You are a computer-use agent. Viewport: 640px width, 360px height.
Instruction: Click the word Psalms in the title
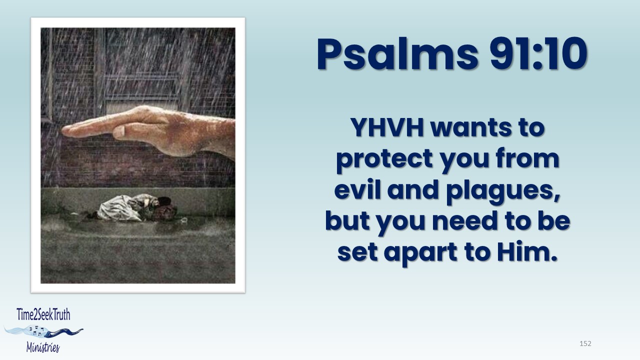tap(397, 54)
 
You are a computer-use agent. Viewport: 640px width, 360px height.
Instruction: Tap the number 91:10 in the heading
tap(538, 53)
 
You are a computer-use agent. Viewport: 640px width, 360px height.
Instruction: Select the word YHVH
tap(387, 127)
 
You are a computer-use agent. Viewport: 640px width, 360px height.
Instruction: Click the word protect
tap(384, 159)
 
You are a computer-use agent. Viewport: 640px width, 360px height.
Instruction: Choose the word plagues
tap(503, 191)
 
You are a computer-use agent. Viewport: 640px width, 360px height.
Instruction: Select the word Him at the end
tap(527, 251)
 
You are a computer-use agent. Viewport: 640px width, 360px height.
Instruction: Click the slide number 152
tap(585, 343)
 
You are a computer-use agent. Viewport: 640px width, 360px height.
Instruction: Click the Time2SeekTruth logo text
tap(43, 314)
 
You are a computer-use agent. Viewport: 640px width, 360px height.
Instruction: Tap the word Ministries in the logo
tap(43, 347)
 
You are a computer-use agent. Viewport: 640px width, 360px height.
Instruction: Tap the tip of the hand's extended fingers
tap(62, 131)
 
